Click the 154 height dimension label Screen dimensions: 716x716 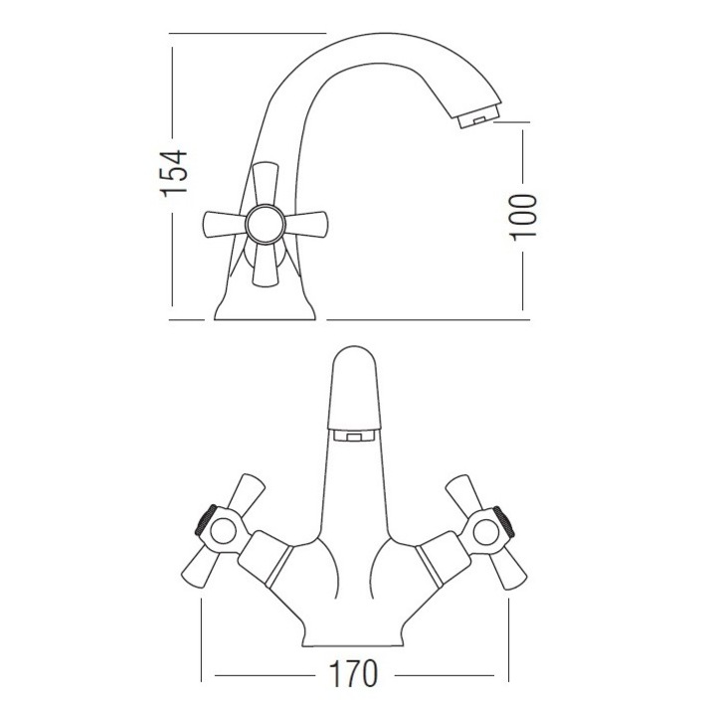point(175,173)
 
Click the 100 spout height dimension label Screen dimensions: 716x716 point(523,217)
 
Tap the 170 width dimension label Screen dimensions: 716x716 point(353,674)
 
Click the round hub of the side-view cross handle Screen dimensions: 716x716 point(266,224)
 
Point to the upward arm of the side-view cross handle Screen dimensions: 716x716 point(266,184)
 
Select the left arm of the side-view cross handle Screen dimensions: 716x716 point(225,224)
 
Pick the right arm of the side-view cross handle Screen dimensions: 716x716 point(306,224)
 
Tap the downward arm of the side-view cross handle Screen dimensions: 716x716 point(266,265)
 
